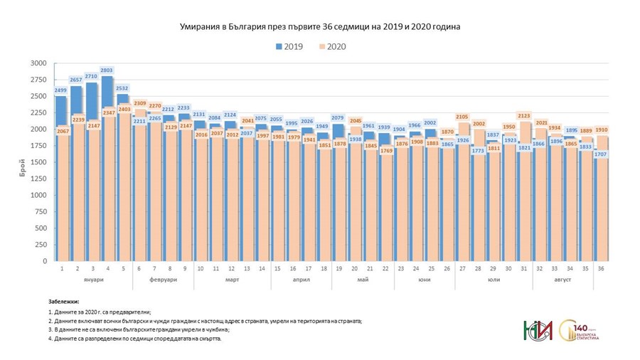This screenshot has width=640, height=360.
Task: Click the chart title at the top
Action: [x=319, y=26]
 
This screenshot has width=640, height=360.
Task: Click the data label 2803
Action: [x=107, y=70]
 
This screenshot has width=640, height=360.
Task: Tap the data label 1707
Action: [x=601, y=154]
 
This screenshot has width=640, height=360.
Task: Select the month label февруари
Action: [x=162, y=280]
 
